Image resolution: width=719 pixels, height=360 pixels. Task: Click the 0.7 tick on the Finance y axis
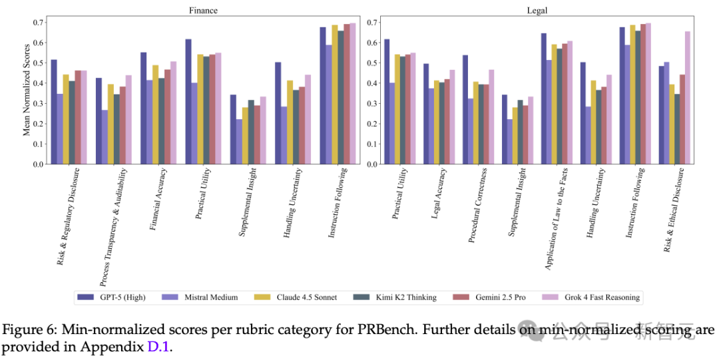pos(39,23)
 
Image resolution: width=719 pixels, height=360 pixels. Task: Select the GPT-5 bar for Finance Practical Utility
pos(188,101)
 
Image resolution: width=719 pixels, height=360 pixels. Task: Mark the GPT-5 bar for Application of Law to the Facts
pos(543,98)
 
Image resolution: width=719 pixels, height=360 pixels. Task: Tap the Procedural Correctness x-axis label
pos(479,207)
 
